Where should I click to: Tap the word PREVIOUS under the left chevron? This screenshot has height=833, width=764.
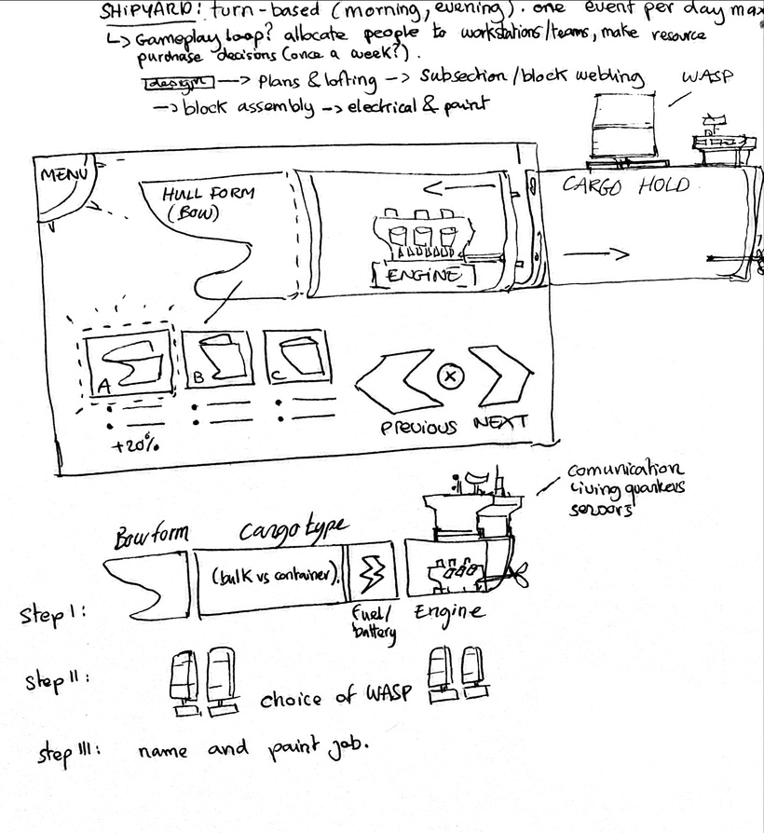click(x=419, y=427)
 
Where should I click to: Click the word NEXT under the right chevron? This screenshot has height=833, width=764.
click(x=500, y=422)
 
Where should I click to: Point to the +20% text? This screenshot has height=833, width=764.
click(x=134, y=445)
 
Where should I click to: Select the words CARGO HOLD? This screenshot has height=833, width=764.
click(x=626, y=184)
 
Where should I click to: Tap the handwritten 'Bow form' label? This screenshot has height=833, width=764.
click(x=151, y=536)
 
